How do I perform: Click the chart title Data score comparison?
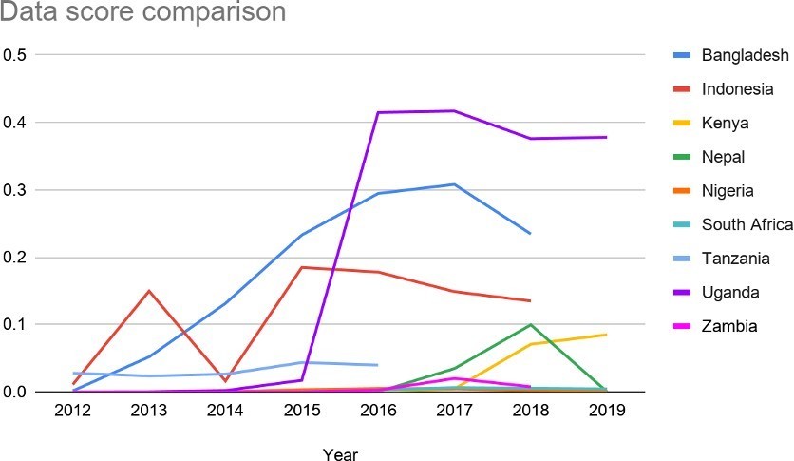tap(142, 14)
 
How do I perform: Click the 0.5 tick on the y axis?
tap(15, 55)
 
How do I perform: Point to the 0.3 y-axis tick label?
tap(15, 190)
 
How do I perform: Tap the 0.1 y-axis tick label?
tap(15, 325)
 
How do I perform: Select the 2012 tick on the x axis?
tap(74, 410)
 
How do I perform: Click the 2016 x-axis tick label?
tap(378, 410)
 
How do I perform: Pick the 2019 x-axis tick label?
tap(606, 410)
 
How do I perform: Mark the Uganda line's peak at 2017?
tap(454, 111)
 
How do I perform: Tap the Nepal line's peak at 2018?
tap(530, 325)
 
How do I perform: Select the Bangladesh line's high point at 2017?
tap(454, 184)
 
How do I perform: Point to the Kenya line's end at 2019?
tap(606, 335)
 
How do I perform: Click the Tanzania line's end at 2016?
tap(378, 365)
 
